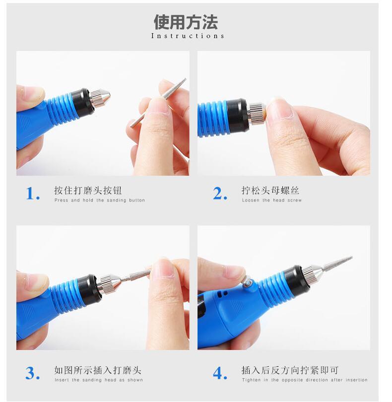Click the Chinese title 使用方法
186,22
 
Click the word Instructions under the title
188,36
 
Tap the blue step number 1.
33,193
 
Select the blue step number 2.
220,193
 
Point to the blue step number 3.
33,373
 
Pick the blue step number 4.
220,373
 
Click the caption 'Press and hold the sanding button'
100,200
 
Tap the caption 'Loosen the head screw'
272,200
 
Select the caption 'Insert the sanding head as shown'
99,380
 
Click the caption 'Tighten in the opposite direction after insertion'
305,380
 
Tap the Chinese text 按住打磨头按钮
88,191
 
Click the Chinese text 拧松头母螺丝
270,191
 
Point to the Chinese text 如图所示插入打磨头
98,370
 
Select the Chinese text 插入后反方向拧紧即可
290,370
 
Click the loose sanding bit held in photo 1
158,103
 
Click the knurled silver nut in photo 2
257,113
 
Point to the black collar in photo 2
237,116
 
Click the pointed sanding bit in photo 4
337,263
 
